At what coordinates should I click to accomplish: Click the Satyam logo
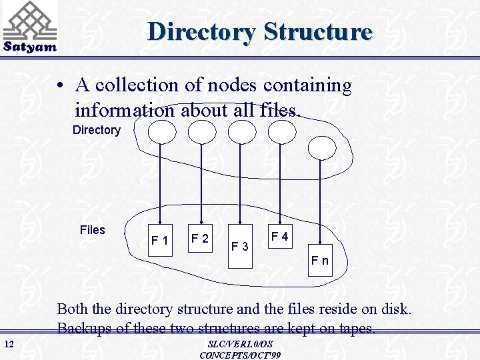point(29,27)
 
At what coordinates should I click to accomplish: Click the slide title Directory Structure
point(260,31)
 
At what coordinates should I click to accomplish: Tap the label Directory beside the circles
point(96,130)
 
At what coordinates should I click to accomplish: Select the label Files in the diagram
point(92,230)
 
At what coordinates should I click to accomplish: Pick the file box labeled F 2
point(200,238)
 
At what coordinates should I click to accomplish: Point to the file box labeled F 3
point(240,247)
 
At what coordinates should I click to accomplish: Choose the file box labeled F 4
point(279,237)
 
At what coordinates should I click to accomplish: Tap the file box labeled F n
point(320,260)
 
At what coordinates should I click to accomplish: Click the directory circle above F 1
point(161,131)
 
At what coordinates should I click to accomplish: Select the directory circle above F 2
point(201,131)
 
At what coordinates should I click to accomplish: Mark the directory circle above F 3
point(241,131)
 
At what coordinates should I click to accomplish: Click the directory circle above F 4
point(281,131)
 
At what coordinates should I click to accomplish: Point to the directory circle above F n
point(322,147)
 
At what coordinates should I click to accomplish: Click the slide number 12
point(9,344)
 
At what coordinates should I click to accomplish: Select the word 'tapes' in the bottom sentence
point(357,328)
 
